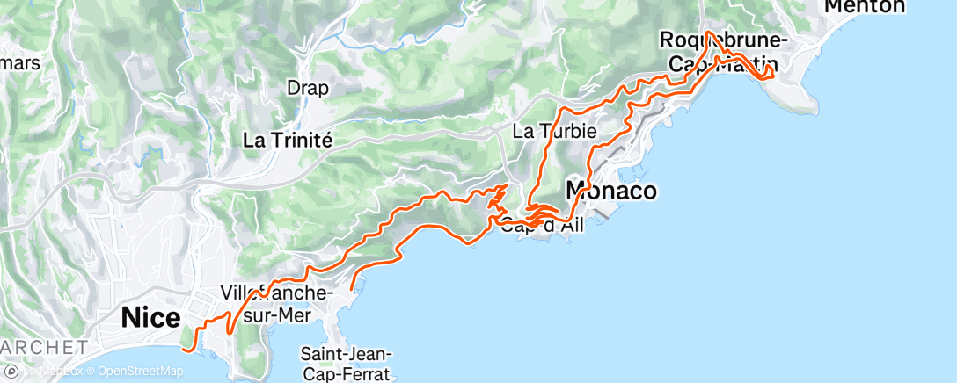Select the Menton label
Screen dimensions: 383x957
(865, 6)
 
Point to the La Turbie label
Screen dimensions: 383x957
(554, 132)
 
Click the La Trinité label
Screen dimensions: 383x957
(288, 140)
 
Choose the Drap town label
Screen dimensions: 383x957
(308, 88)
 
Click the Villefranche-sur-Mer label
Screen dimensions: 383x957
(275, 302)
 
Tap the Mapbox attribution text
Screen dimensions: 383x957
(63, 371)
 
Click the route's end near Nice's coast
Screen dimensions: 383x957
(185, 349)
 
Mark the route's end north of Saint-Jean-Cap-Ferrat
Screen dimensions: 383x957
(352, 288)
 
